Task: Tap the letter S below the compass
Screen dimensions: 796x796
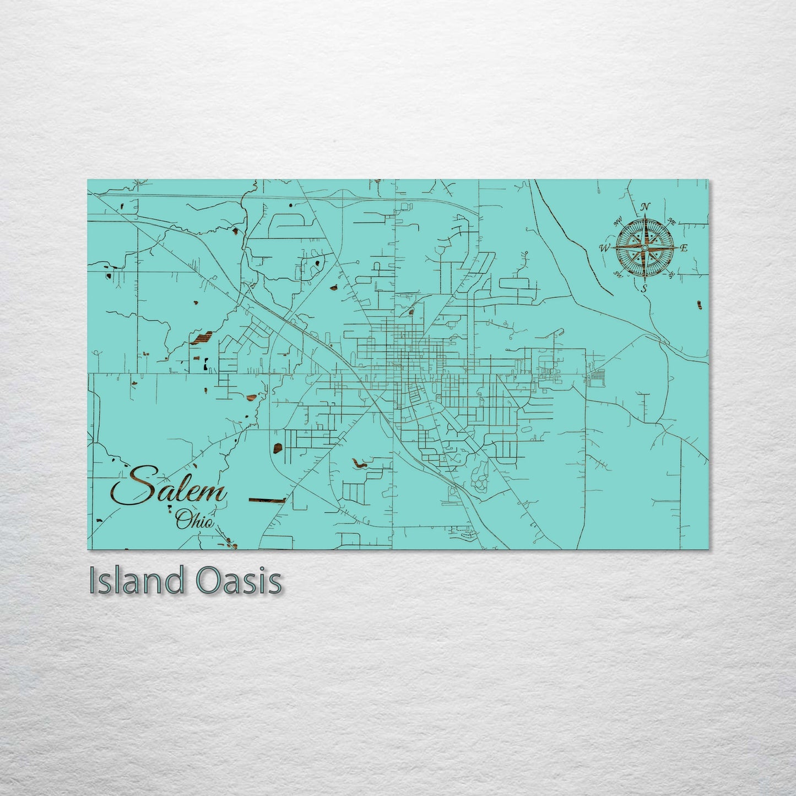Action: click(645, 288)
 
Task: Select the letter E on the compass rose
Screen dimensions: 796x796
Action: click(684, 248)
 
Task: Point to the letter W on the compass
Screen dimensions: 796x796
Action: click(604, 248)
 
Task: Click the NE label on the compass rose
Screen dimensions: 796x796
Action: click(671, 221)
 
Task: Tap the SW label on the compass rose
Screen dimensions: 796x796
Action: click(618, 275)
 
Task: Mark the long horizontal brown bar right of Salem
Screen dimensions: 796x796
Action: click(267, 500)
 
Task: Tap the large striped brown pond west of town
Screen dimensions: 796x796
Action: click(201, 338)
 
